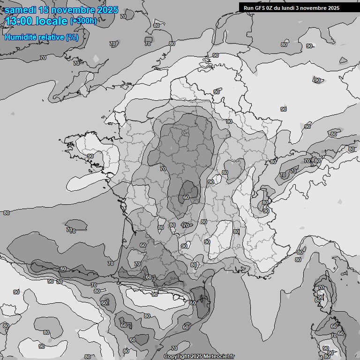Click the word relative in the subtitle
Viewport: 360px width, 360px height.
pos(51,37)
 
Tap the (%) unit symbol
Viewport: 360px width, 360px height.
pos(72,37)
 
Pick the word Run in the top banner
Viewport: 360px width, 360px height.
pos(248,8)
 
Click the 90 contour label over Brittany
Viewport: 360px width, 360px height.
pos(90,156)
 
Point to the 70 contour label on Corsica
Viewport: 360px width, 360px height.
pos(321,287)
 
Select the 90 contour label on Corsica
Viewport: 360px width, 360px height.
pos(321,297)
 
